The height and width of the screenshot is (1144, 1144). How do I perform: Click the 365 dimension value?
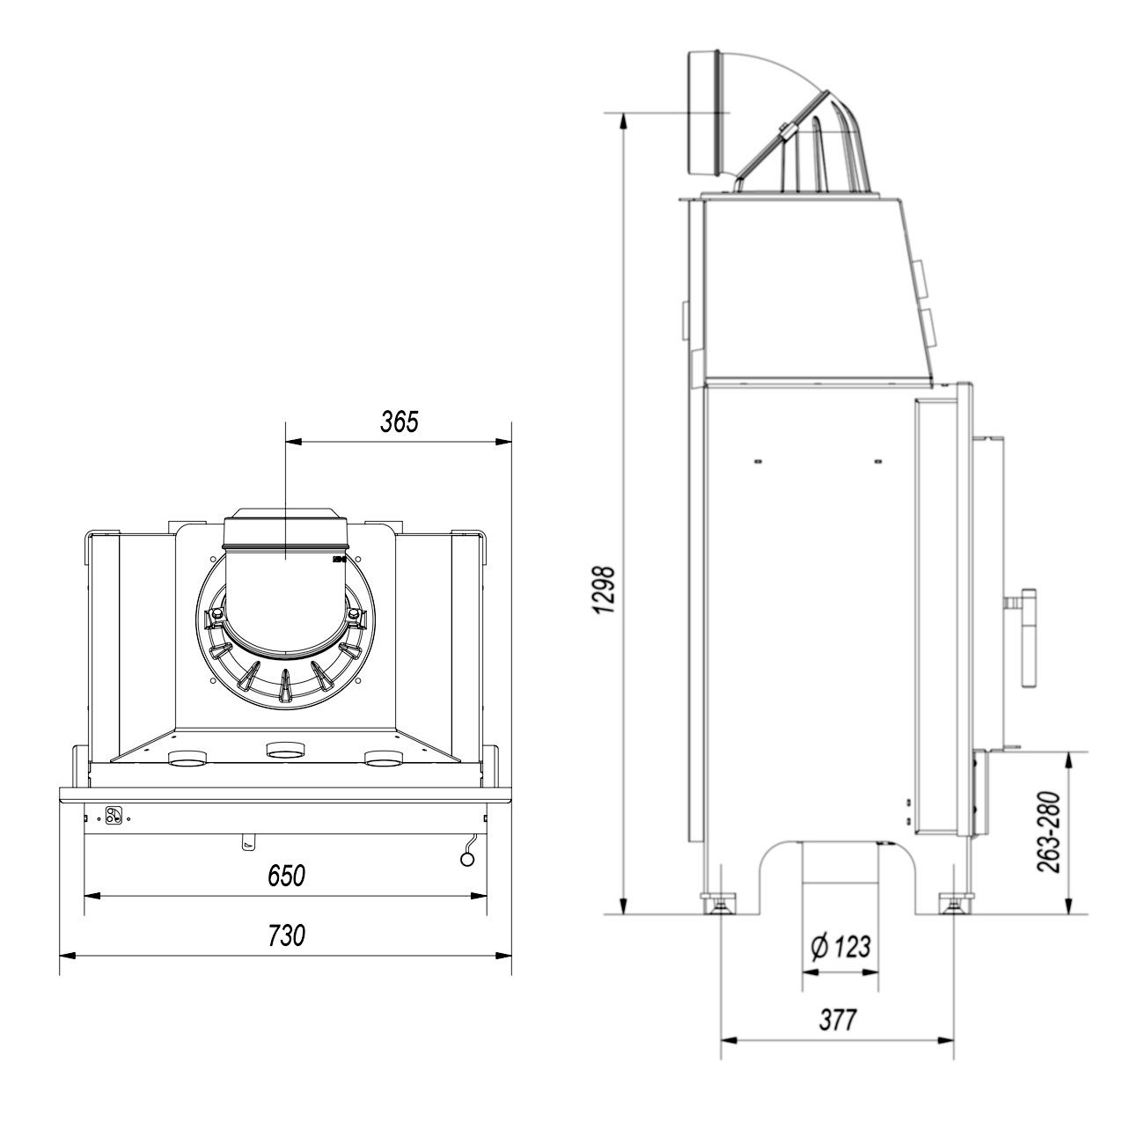point(400,421)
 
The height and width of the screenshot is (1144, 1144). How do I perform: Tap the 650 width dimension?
point(286,876)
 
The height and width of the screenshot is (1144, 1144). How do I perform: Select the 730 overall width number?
point(286,935)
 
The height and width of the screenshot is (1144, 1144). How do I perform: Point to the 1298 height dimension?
point(605,590)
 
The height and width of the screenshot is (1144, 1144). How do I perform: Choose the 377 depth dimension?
point(838,1020)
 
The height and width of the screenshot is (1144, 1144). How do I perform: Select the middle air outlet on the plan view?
point(286,750)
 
